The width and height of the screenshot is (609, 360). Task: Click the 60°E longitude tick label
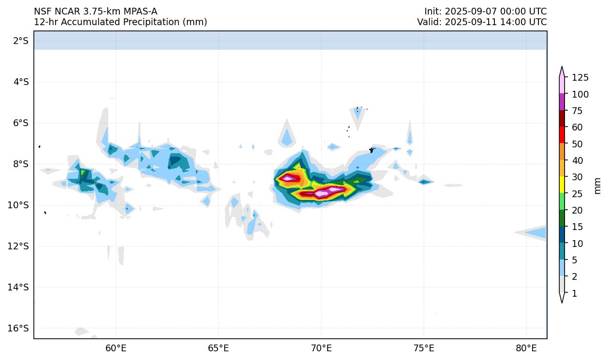116,348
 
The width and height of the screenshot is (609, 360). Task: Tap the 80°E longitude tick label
526,348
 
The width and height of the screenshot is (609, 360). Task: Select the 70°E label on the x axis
321,348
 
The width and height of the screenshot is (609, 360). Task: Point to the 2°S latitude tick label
21,41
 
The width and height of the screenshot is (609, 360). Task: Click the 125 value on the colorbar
580,77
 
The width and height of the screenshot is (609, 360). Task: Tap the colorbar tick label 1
574,293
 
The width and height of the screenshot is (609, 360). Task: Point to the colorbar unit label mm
598,186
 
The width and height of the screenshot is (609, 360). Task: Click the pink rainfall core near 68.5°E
289,178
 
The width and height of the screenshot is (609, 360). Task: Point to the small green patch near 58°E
83,173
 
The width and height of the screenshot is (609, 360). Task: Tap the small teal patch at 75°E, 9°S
424,182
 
